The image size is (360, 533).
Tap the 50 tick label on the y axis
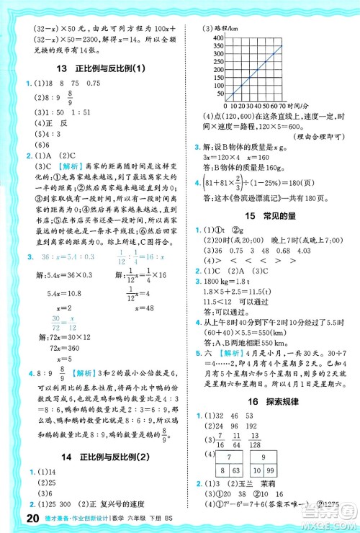click(x=218, y=92)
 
